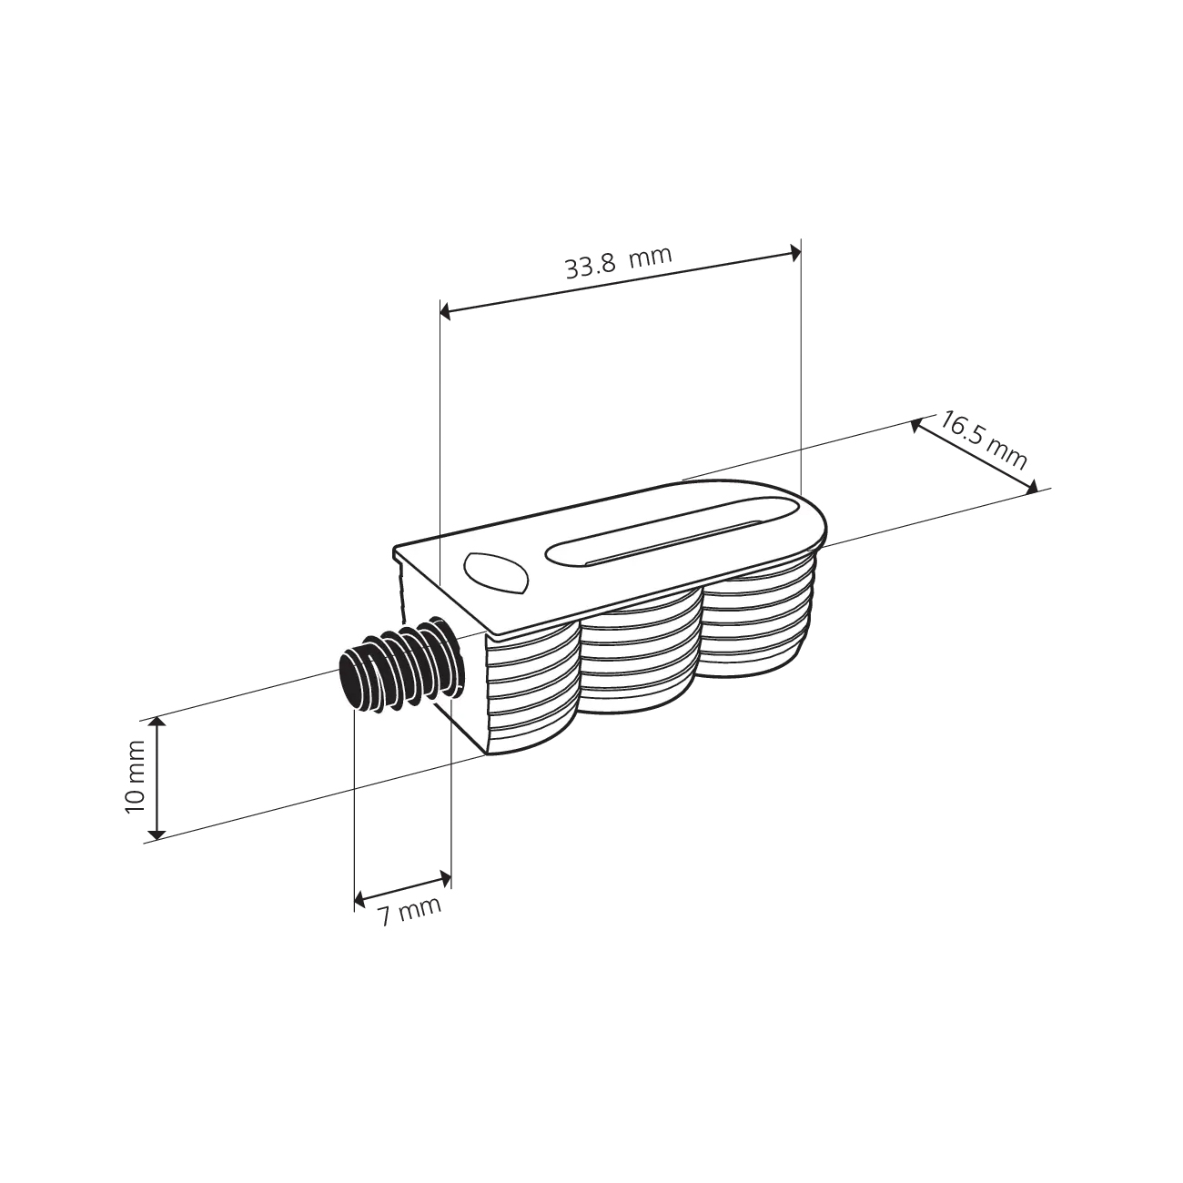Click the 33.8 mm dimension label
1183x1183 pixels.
[618, 262]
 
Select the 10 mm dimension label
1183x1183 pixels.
[135, 776]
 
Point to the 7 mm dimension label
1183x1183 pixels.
[410, 912]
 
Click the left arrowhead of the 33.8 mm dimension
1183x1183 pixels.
[446, 312]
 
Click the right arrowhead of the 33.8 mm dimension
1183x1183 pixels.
[795, 254]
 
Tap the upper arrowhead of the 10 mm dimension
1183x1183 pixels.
[157, 723]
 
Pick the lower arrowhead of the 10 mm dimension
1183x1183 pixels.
[157, 832]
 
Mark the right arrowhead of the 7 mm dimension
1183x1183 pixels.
[445, 877]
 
